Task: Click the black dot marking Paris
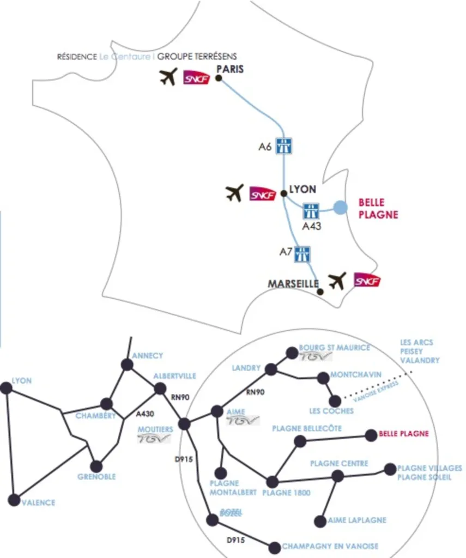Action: click(x=219, y=78)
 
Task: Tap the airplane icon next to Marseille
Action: click(x=337, y=281)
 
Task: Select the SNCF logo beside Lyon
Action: click(x=263, y=194)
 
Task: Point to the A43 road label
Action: click(x=311, y=226)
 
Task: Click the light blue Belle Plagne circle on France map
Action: click(x=340, y=207)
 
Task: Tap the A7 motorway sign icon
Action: click(x=302, y=253)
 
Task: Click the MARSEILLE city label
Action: click(x=293, y=284)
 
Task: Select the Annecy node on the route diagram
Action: click(x=127, y=365)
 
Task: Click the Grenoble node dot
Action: click(x=96, y=466)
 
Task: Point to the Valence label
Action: click(x=38, y=502)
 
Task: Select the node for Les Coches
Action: click(x=335, y=401)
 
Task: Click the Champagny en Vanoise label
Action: click(x=330, y=546)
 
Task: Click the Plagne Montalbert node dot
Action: click(x=221, y=473)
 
